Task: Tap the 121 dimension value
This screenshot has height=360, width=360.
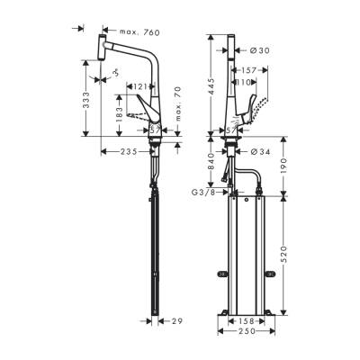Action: point(137,87)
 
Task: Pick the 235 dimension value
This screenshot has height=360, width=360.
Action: point(128,152)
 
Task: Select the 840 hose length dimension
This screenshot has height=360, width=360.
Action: point(209,162)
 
